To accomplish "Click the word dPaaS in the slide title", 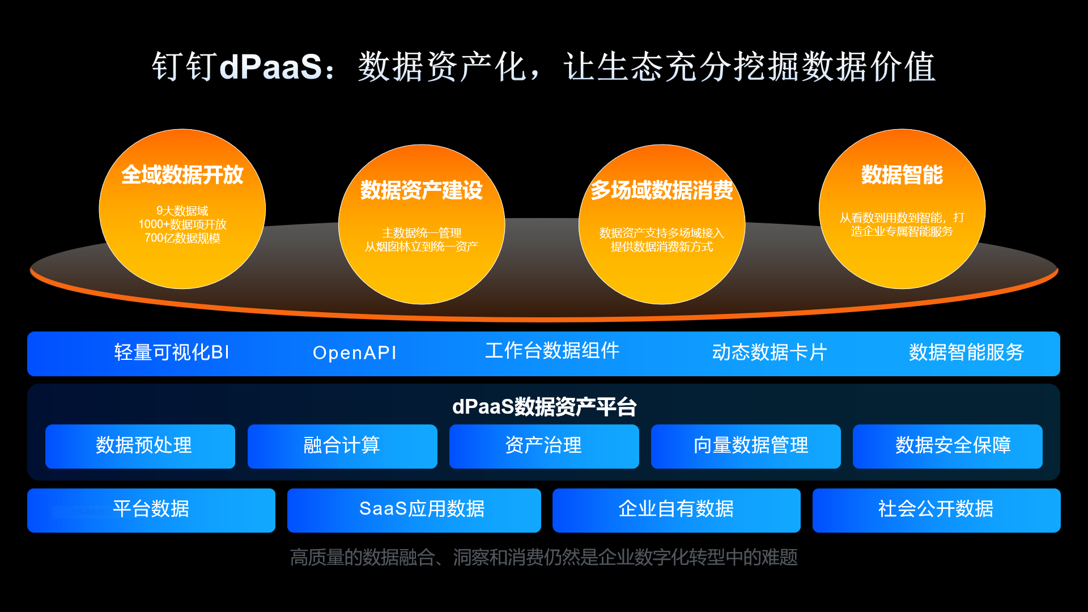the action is tap(271, 66).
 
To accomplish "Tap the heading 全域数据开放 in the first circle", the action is tap(182, 175).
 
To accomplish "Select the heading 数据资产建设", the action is tap(422, 190).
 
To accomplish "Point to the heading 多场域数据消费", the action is tap(662, 190).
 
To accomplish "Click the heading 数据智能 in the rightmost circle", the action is tap(902, 175).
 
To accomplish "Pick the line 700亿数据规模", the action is tap(182, 238).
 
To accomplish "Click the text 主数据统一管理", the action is tap(422, 233).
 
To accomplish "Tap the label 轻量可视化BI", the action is tap(172, 352).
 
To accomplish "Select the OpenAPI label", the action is tap(355, 353).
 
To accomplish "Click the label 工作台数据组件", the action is tap(552, 351).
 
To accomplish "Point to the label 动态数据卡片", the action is tap(770, 352).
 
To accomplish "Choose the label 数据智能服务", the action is tap(967, 352).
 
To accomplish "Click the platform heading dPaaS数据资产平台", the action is tap(544, 407).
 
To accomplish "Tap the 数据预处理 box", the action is tap(140, 447).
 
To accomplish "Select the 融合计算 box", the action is tap(342, 447).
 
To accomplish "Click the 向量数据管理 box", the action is tap(746, 447).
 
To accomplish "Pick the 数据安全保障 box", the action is tap(947, 447).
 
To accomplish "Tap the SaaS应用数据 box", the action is tap(414, 511).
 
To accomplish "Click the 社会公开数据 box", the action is tap(937, 511).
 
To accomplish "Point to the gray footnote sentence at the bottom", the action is tap(544, 558).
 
